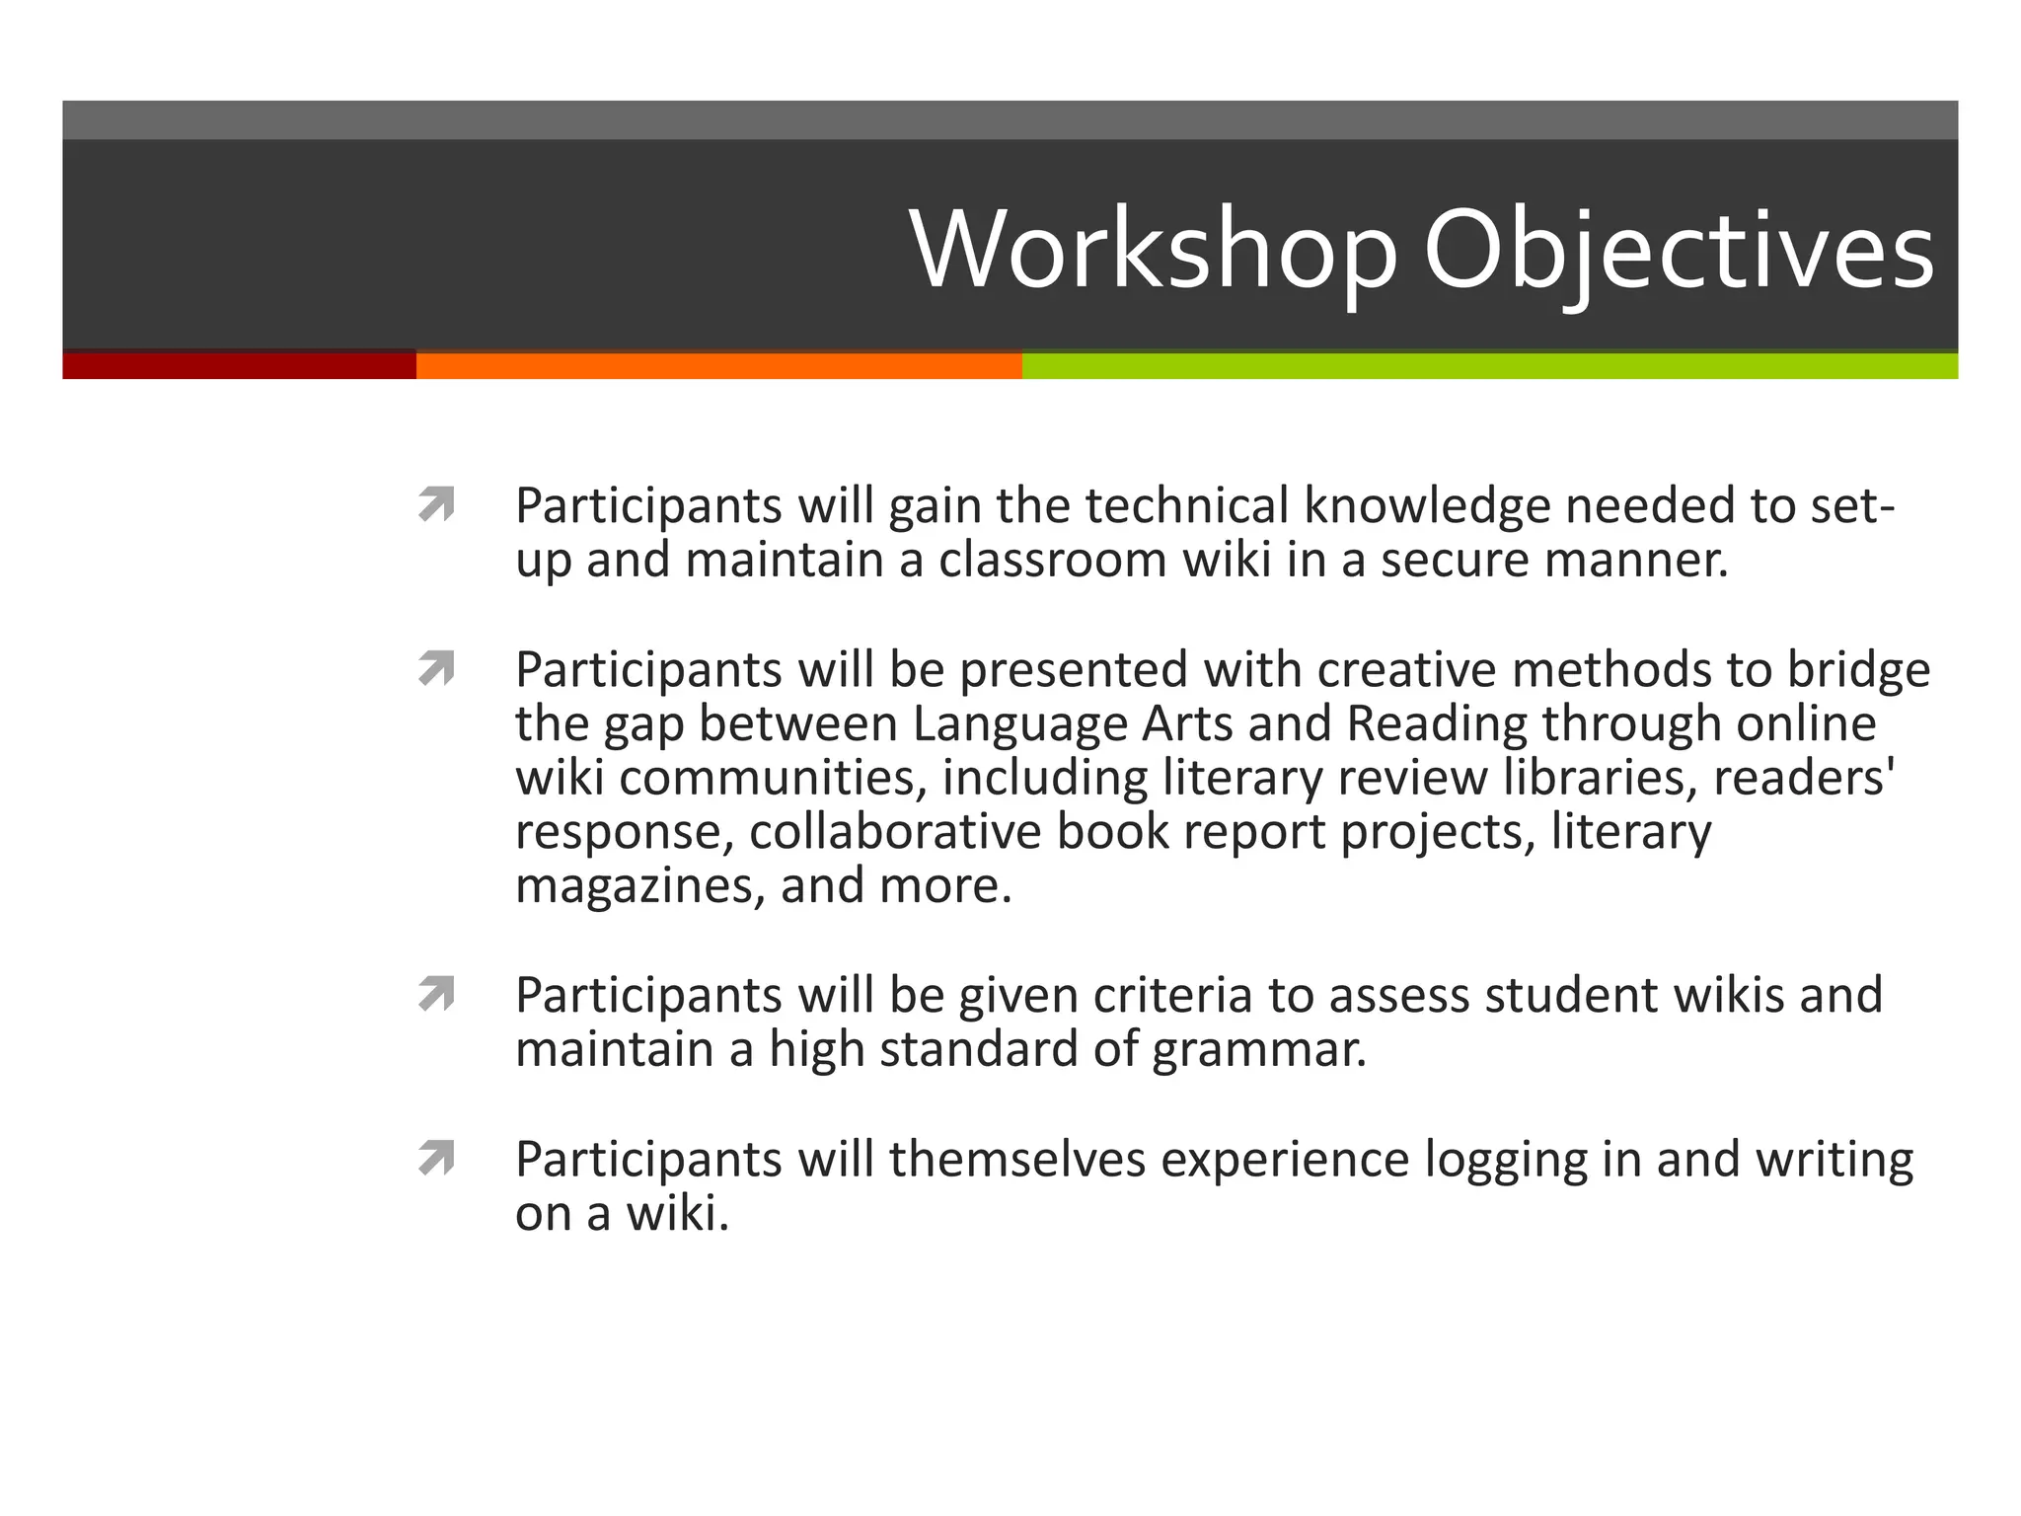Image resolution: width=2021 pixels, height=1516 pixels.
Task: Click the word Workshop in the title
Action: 1153,251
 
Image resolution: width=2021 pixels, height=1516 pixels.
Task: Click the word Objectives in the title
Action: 1678,251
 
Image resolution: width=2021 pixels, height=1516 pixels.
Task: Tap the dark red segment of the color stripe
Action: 239,366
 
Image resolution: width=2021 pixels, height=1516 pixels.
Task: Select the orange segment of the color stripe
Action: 718,366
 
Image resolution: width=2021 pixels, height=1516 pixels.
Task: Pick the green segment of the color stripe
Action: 1490,366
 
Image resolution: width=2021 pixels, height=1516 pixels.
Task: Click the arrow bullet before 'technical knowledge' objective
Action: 435,505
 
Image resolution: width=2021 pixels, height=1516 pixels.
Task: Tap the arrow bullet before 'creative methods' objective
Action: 435,669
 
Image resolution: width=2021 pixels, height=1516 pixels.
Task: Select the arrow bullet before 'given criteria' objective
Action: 435,995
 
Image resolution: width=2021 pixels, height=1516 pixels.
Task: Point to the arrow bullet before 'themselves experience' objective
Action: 435,1159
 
